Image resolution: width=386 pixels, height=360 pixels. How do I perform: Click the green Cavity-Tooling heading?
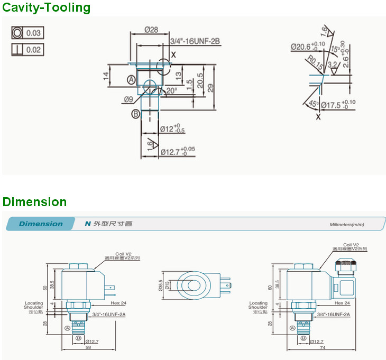tap(47, 8)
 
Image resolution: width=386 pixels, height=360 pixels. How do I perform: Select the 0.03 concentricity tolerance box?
tap(27, 33)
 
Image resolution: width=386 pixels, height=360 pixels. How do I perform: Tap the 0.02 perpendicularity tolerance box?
tap(27, 50)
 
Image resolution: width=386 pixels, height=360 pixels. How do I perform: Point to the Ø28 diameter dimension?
tap(151, 30)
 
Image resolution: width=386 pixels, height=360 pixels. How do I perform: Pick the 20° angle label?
tap(171, 90)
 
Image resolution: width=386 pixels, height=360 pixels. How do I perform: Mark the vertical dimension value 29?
tap(210, 88)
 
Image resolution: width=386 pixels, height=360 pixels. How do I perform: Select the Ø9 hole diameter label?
tap(128, 99)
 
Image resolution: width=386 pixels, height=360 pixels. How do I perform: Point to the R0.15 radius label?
tap(316, 64)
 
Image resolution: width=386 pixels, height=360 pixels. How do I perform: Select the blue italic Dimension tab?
tap(41, 224)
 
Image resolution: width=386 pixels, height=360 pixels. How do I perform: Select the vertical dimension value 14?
tap(106, 79)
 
